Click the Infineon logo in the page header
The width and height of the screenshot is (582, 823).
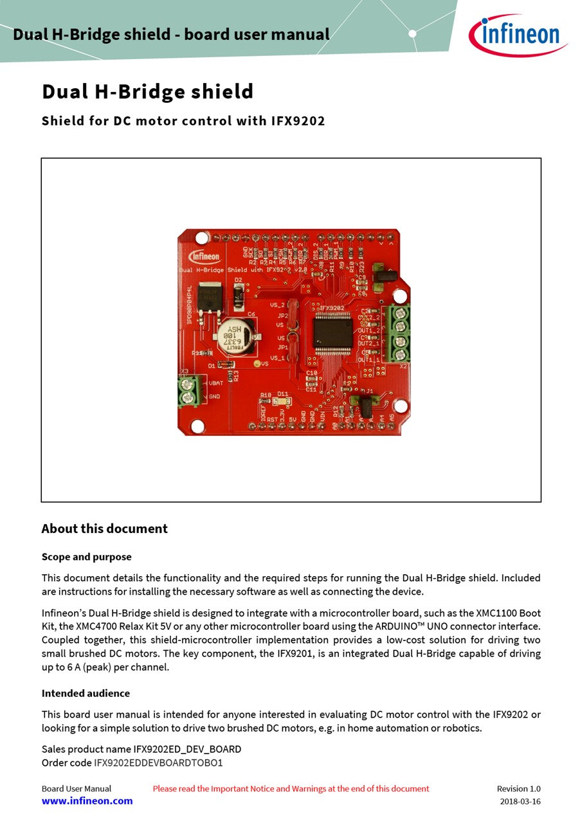(x=518, y=35)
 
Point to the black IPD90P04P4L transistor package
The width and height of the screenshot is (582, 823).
(x=208, y=297)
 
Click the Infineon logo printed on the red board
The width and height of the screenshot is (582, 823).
(x=204, y=256)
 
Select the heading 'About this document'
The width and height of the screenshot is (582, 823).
(x=104, y=529)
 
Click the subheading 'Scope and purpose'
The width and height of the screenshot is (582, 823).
(x=86, y=557)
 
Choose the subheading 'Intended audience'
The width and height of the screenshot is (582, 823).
(x=86, y=693)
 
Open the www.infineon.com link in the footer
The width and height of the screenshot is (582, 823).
(x=87, y=801)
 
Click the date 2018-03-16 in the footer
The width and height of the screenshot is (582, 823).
(x=520, y=801)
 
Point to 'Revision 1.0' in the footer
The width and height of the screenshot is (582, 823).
(x=518, y=788)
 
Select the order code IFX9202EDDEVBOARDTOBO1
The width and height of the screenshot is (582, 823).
(x=158, y=763)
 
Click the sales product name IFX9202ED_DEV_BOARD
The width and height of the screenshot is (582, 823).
(x=187, y=749)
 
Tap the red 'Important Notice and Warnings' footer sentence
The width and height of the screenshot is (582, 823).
(x=291, y=788)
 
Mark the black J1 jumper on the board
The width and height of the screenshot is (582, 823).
(x=367, y=404)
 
